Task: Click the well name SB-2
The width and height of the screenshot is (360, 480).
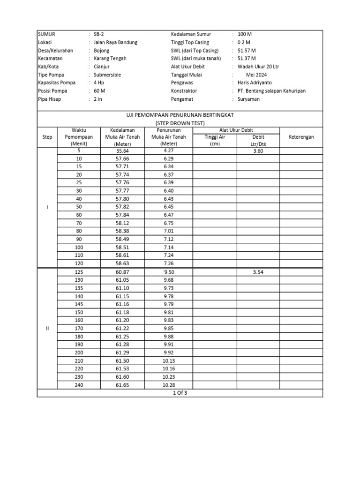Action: tap(98, 34)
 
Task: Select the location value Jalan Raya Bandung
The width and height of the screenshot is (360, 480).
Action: tap(115, 42)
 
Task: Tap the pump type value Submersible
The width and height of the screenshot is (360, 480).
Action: tap(107, 75)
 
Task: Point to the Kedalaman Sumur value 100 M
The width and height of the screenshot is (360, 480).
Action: tap(245, 34)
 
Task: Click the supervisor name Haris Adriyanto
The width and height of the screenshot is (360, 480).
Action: tap(258, 82)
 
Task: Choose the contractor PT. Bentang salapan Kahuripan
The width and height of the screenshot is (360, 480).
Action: tap(271, 90)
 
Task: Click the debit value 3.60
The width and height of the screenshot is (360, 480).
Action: tap(259, 151)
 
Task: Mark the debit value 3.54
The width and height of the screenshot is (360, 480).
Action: tap(259, 272)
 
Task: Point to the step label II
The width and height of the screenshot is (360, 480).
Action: tap(47, 328)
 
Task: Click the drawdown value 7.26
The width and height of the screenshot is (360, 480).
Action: tap(169, 263)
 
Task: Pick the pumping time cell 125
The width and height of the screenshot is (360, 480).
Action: tap(78, 272)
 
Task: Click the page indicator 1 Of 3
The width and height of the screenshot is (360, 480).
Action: tap(180, 393)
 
